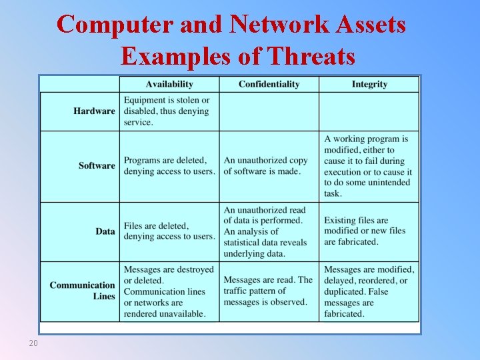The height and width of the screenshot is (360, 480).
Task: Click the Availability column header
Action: [x=169, y=84]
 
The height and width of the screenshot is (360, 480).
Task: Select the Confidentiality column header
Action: [x=269, y=84]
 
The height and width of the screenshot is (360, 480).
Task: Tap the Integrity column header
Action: [x=369, y=84]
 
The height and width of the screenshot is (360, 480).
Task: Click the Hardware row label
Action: [x=94, y=111]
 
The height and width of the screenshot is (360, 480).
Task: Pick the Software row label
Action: [x=97, y=165]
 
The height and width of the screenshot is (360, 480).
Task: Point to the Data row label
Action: [x=105, y=231]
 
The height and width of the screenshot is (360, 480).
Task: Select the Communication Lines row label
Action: [x=82, y=291]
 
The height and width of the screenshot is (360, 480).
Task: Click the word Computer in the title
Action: [x=117, y=25]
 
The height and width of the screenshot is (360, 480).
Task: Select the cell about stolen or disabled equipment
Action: [x=169, y=111]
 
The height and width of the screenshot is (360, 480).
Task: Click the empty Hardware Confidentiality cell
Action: [x=269, y=111]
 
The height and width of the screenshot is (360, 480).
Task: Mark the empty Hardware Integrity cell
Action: [x=369, y=111]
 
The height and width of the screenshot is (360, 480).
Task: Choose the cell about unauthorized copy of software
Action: [x=267, y=165]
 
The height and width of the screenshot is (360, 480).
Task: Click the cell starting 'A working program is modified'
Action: [x=368, y=166]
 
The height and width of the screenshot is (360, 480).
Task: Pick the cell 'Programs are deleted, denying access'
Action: [x=169, y=165]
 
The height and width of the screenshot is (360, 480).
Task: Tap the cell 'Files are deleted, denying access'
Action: [x=169, y=231]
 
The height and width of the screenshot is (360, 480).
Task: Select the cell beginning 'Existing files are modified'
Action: [x=365, y=231]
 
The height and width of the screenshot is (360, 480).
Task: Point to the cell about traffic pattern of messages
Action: [x=267, y=291]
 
